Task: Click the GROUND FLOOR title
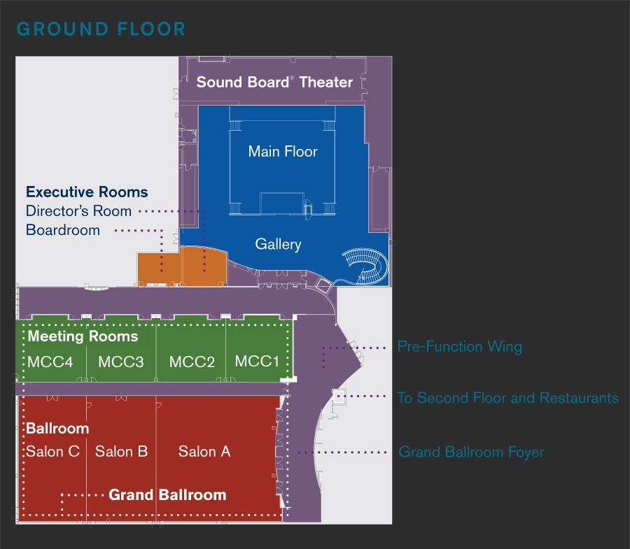[x=101, y=29]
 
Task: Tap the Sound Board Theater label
[x=274, y=82]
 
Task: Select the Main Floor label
[x=283, y=151]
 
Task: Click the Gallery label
[x=278, y=244]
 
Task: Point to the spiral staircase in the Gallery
[x=365, y=267]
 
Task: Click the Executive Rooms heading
[x=87, y=192]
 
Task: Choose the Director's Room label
[x=78, y=211]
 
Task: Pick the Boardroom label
[x=63, y=230]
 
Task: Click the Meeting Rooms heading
[x=83, y=336]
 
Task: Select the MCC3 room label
[x=121, y=362]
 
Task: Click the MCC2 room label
[x=192, y=362]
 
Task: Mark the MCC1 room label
[x=257, y=361]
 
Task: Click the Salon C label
[x=53, y=451]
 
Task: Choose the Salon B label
[x=121, y=451]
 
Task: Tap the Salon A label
[x=204, y=451]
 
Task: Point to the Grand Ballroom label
[x=167, y=495]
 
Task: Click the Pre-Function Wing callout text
[x=459, y=346]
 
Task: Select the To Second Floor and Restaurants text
[x=507, y=398]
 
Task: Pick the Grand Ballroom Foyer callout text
[x=471, y=452]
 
